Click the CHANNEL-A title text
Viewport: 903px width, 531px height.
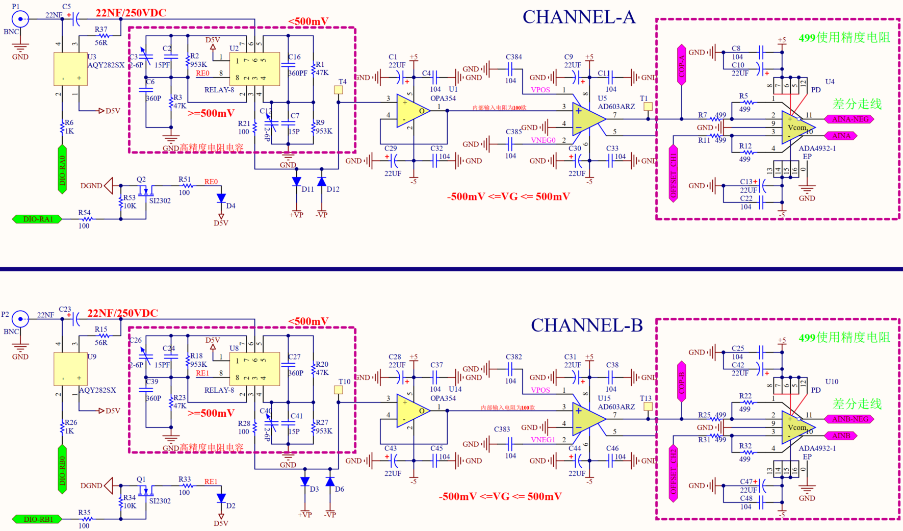(579, 17)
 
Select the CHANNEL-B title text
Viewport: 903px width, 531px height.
(586, 325)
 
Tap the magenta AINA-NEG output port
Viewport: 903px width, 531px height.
(849, 119)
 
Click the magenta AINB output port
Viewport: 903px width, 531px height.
(841, 436)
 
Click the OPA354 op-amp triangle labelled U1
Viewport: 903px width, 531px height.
(412, 111)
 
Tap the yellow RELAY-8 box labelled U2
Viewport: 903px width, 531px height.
(254, 69)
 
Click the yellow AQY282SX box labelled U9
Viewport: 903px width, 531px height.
(70, 369)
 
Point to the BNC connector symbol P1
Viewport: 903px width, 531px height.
(20, 19)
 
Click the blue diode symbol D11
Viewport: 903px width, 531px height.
(297, 182)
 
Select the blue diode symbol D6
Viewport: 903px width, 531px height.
(330, 482)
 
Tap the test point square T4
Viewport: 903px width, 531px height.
(338, 90)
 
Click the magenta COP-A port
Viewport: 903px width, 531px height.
(682, 64)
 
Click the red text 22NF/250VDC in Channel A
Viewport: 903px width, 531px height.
(131, 13)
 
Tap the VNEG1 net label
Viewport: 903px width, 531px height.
(543, 440)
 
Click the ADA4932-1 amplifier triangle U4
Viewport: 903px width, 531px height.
(797, 127)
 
